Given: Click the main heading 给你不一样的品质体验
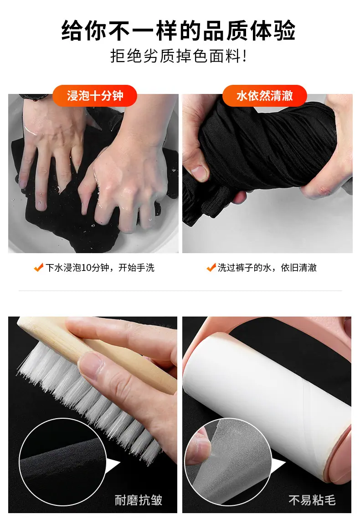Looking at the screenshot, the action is [x=178, y=31].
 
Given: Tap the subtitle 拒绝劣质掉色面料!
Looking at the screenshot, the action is [x=179, y=56].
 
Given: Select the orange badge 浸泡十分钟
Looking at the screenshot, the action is [x=95, y=96].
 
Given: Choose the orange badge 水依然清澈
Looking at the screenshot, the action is [x=264, y=96].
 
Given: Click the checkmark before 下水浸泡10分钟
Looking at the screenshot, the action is [x=38, y=268].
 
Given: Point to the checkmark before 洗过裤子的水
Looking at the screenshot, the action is [x=211, y=268].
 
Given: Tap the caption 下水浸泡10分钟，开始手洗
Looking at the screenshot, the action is [x=100, y=268].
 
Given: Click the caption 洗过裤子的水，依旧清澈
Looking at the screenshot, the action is [x=267, y=268].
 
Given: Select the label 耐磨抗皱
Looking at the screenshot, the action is [x=139, y=500].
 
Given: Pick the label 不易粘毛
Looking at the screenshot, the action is [x=312, y=500].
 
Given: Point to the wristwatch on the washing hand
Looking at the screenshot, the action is [x=34, y=97].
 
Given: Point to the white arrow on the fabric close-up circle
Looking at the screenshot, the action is [x=113, y=467].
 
